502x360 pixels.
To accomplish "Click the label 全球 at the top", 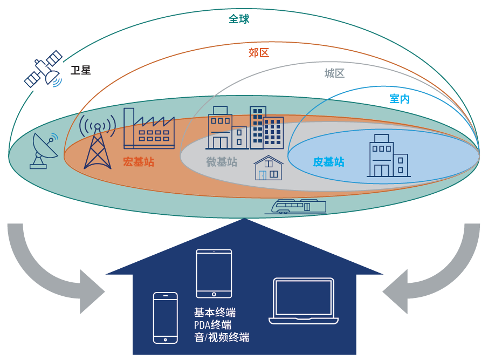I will tap(239, 19).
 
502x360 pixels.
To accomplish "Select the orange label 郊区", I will tap(259, 53).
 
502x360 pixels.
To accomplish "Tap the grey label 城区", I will tap(334, 73).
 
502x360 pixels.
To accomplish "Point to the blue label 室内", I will tap(400, 99).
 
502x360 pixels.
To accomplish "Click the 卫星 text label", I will tap(80, 70).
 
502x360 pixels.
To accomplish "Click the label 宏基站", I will tap(139, 161).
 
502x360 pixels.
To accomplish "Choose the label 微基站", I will tap(222, 162).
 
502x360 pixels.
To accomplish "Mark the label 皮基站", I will tap(328, 162).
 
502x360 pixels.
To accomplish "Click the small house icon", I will tap(269, 168).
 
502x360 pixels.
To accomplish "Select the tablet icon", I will tap(214, 273).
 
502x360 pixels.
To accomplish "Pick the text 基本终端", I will tap(215, 313).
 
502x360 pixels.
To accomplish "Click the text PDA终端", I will tap(212, 325).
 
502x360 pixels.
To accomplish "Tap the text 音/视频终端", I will tap(222, 338).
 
